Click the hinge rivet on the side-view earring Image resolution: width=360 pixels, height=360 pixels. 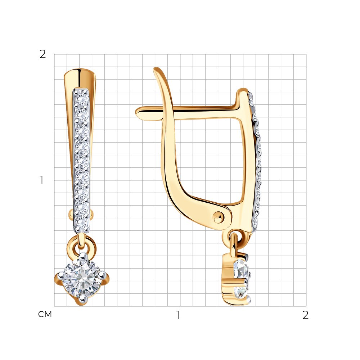coord(218,217)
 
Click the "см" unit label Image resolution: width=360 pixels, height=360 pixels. coord(45,314)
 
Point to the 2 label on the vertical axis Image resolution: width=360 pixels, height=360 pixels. coord(43,54)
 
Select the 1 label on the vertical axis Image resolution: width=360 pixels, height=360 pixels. coord(41,180)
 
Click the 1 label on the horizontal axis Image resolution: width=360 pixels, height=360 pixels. coord(178,315)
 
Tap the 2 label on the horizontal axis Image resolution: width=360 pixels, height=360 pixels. coord(305,315)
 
